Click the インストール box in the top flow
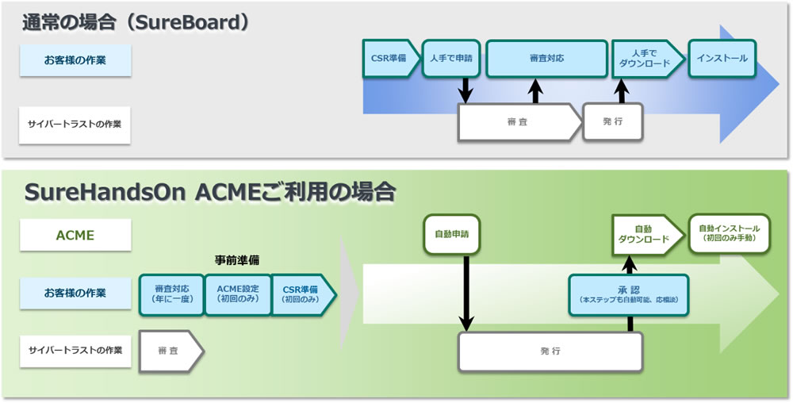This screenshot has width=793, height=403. tap(722, 58)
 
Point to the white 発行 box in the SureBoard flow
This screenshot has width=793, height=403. tap(612, 121)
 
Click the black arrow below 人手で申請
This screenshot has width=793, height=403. tap(465, 90)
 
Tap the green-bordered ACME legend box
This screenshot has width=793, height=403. tap(75, 236)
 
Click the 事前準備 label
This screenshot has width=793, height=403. tap(237, 259)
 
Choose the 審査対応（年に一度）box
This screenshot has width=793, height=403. tap(170, 294)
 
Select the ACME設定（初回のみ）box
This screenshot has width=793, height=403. tap(237, 294)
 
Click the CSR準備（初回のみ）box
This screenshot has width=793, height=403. tap(301, 294)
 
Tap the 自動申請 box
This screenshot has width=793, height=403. tap(451, 234)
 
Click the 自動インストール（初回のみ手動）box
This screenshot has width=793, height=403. tap(729, 233)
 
